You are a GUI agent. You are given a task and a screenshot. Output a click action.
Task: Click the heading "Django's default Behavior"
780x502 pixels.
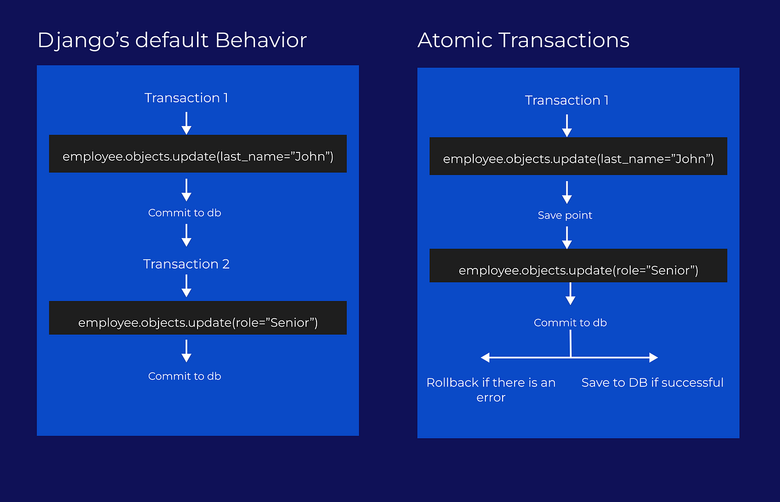[172, 40]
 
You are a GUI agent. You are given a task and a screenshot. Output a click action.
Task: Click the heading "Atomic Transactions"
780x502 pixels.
[523, 40]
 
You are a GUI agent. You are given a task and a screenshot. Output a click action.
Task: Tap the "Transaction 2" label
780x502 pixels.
[186, 264]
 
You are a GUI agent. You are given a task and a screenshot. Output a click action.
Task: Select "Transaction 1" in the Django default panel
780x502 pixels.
[186, 98]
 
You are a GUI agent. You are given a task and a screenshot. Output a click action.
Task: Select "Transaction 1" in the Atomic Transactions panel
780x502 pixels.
[566, 100]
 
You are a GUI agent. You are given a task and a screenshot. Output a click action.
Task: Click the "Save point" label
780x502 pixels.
[565, 215]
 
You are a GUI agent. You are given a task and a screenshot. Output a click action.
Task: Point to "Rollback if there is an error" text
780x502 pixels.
[491, 390]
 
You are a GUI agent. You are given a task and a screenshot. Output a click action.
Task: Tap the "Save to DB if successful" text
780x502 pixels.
[652, 382]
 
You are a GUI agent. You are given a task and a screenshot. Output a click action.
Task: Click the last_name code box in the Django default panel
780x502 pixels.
[198, 154]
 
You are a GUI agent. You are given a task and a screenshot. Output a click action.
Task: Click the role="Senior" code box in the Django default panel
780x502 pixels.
[198, 318]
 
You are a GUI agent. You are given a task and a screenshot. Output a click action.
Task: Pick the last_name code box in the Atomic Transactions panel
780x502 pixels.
[578, 156]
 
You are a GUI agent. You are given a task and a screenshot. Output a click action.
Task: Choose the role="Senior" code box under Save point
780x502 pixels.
[578, 266]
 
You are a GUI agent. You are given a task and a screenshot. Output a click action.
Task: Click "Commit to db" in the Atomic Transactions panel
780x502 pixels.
[570, 323]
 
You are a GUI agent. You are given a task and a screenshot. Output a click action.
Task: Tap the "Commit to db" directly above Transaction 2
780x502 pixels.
[184, 213]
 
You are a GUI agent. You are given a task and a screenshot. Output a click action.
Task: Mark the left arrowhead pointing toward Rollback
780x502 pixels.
[485, 358]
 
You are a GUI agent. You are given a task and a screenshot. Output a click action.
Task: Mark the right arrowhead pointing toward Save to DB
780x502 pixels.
[653, 358]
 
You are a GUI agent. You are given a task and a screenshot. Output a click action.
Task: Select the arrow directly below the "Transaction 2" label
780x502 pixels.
[186, 285]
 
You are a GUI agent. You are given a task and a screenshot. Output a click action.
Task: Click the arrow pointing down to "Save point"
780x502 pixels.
[567, 192]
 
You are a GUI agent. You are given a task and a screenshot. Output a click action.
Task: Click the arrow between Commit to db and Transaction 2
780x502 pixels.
[186, 235]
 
